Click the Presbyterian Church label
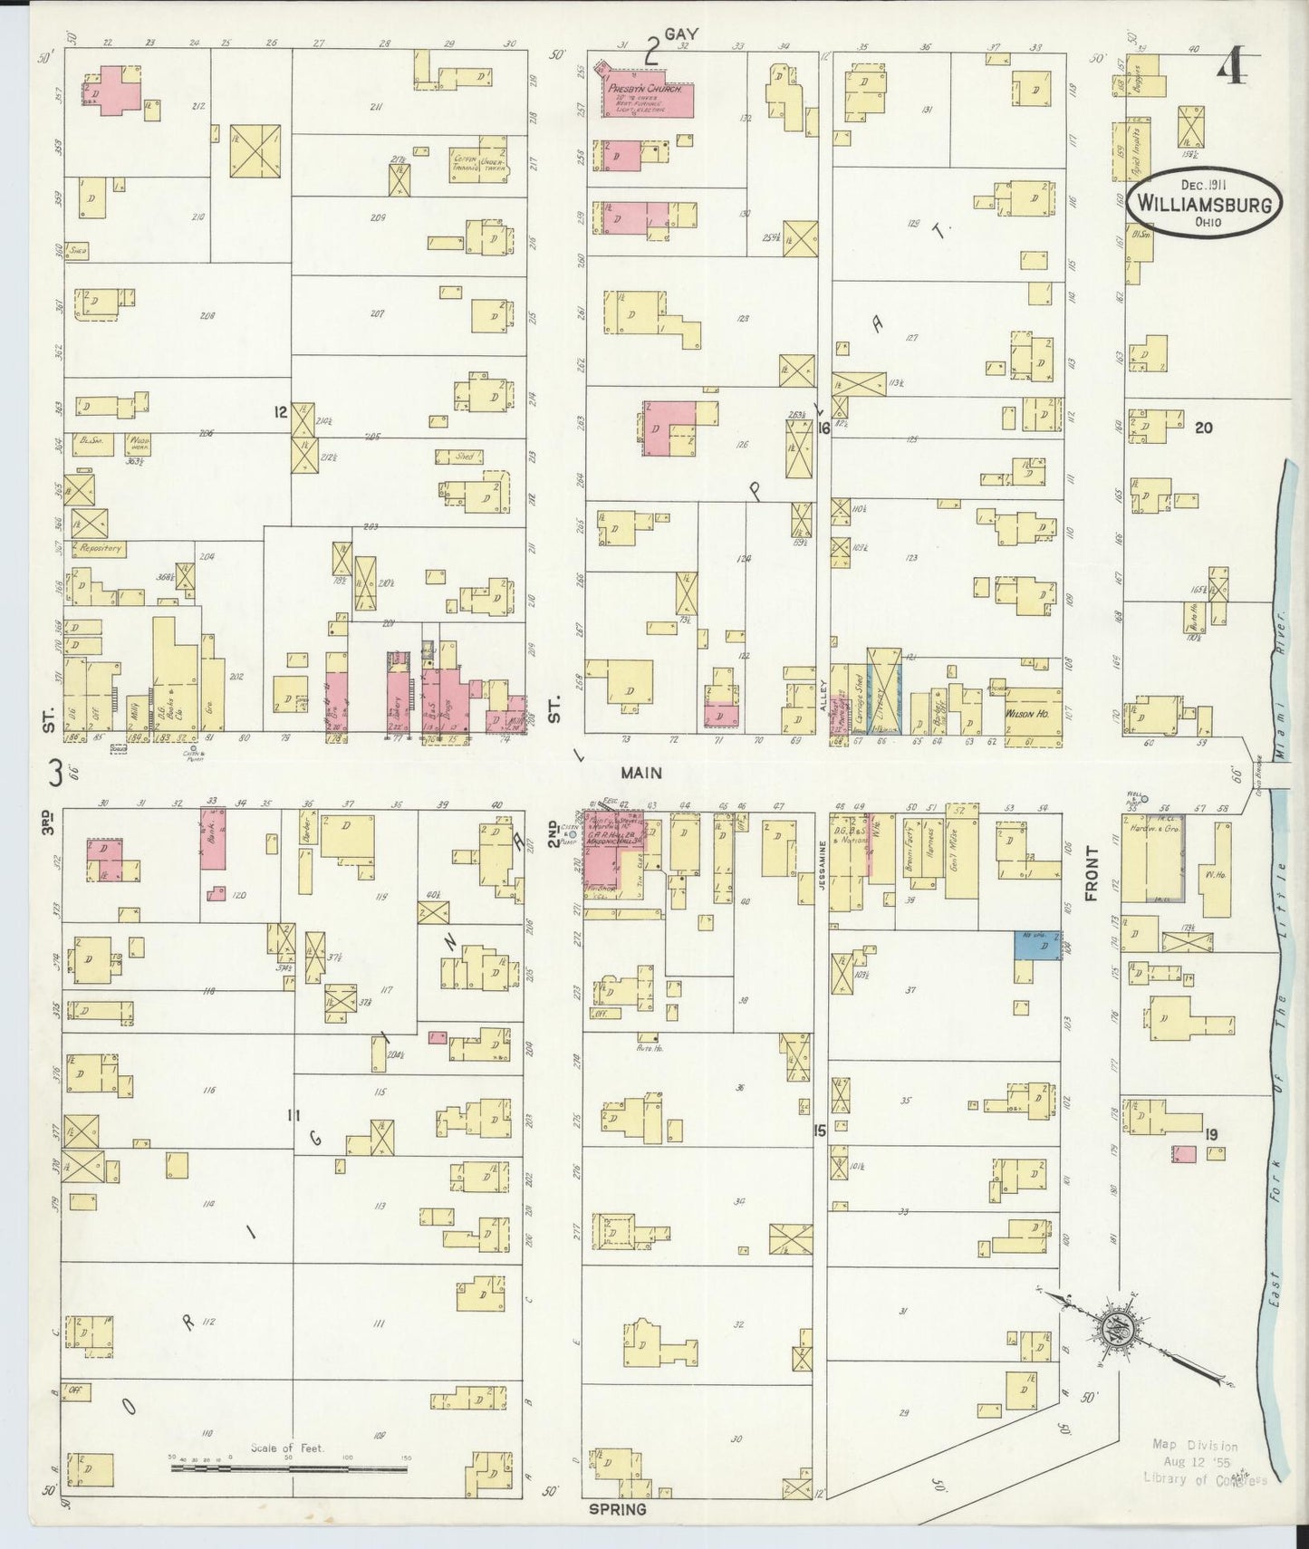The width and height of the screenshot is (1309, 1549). click(645, 90)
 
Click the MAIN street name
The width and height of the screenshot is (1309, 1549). click(641, 773)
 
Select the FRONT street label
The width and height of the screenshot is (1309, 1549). click(1091, 873)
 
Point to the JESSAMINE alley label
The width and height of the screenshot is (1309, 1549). click(823, 868)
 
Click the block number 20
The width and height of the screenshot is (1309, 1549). click(1203, 428)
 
